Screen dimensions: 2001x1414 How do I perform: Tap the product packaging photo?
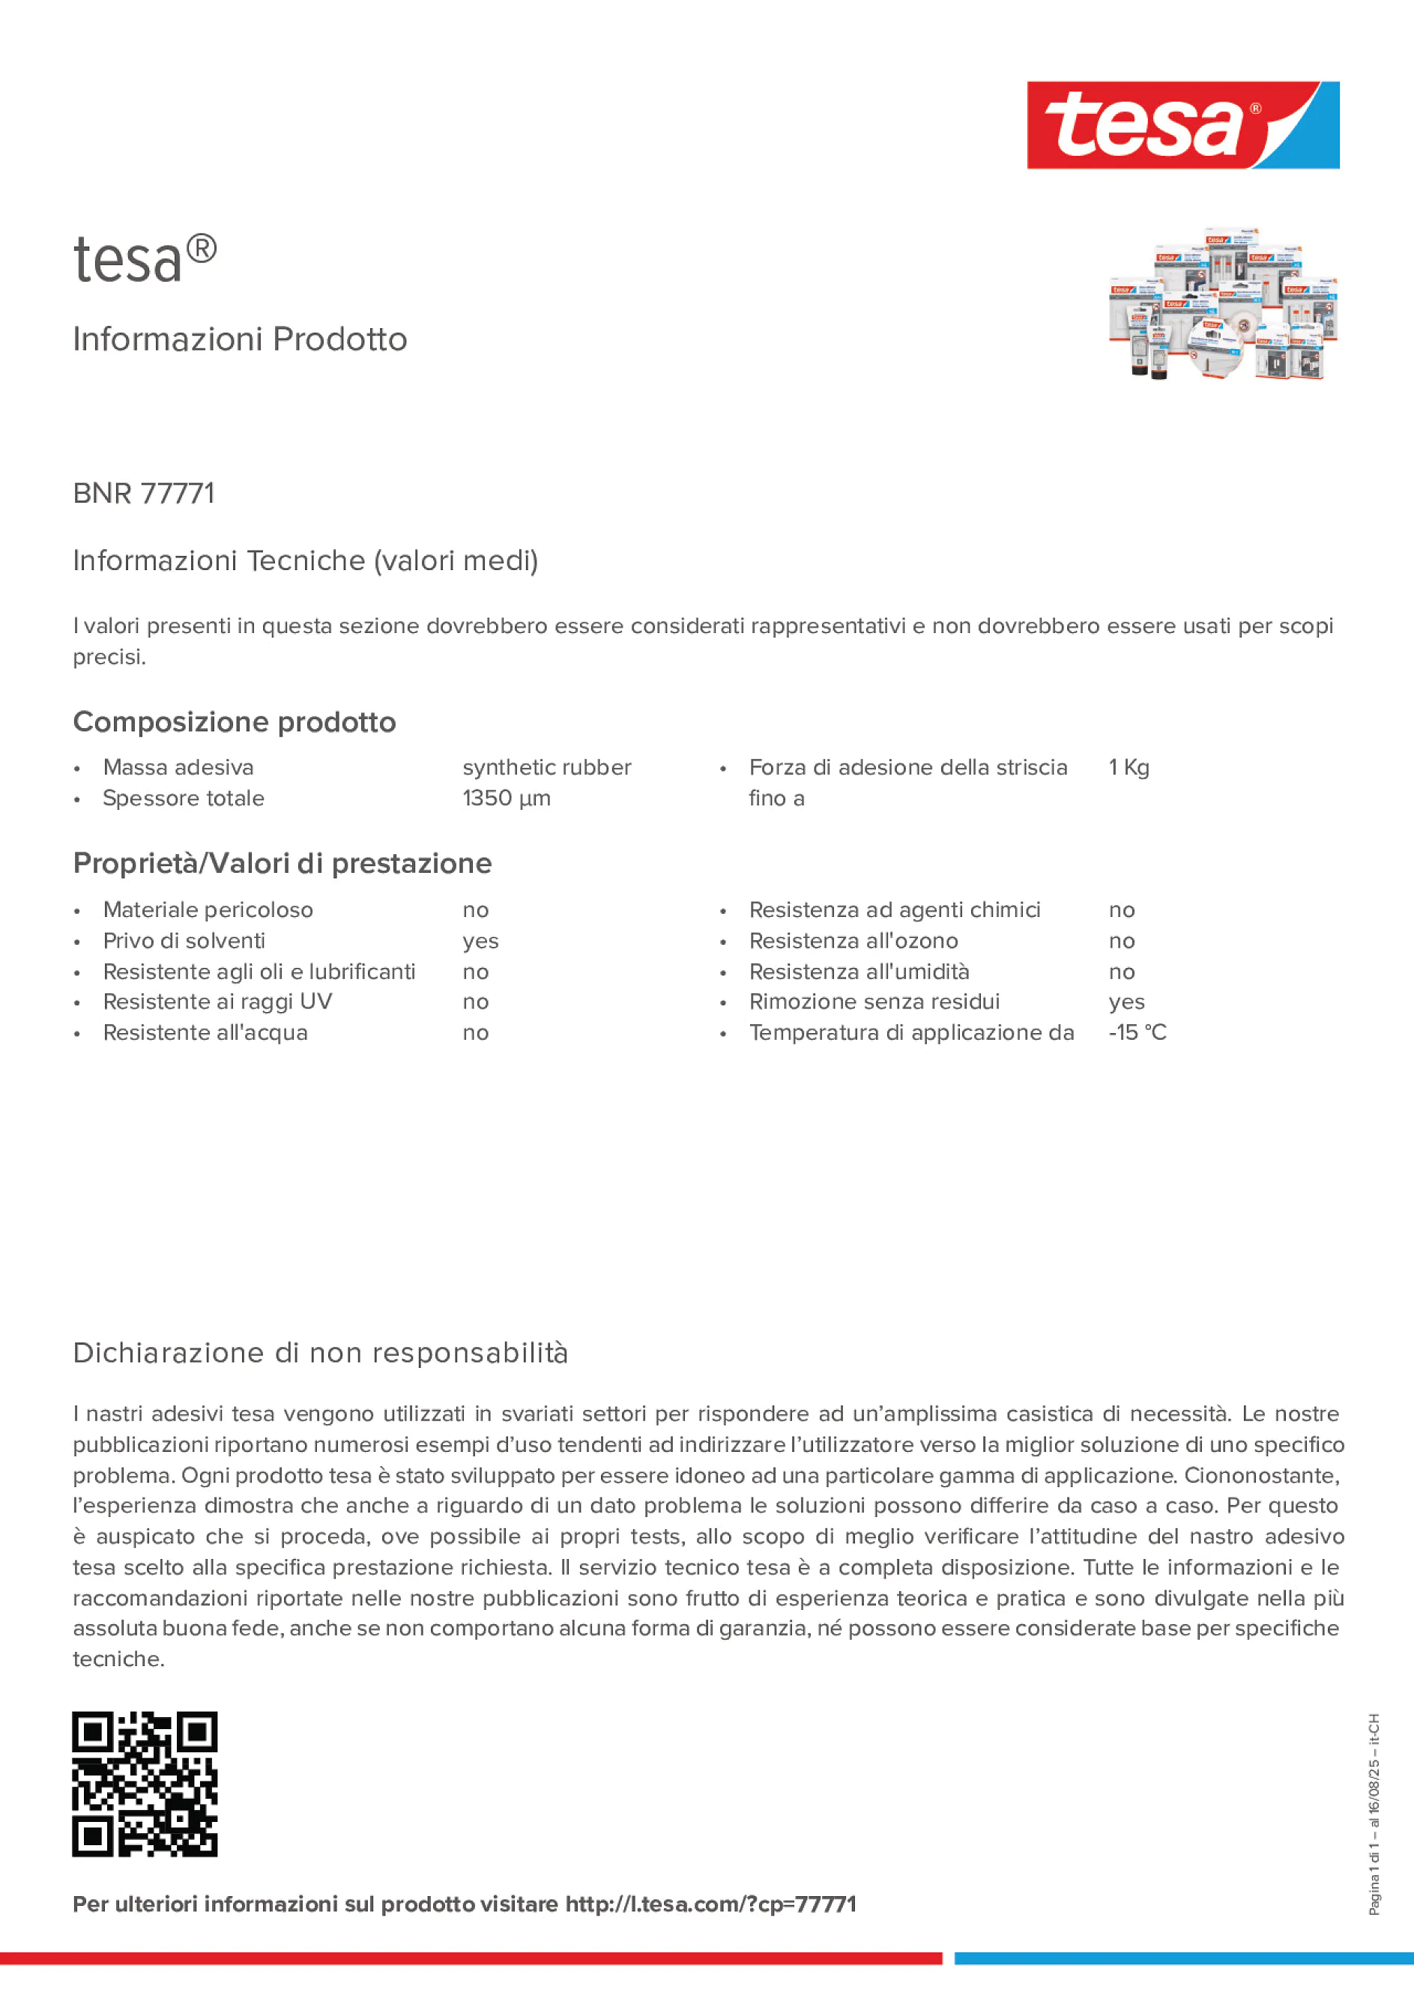point(1222,304)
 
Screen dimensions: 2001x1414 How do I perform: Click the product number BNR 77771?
point(144,493)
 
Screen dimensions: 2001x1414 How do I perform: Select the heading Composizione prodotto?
point(235,721)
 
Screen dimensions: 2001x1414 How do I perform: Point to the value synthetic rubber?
point(546,767)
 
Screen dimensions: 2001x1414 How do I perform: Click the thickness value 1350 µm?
point(507,799)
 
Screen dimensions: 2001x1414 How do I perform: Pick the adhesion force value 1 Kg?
point(1129,767)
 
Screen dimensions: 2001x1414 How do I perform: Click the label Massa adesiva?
point(178,767)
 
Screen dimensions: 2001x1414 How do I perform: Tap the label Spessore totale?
point(183,799)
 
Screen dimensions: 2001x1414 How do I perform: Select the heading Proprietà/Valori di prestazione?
point(283,863)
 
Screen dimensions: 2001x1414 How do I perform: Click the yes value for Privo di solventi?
point(480,941)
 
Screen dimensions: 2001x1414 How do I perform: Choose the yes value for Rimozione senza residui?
point(1126,1002)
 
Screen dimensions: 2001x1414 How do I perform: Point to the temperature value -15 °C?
point(1137,1033)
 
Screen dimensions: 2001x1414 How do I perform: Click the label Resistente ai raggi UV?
point(217,1002)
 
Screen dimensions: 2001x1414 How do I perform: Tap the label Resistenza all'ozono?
point(853,941)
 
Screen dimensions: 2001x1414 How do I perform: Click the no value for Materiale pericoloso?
point(475,910)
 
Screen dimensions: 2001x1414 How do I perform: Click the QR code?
point(145,1784)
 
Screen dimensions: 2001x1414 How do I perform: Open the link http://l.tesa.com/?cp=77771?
point(710,1904)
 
